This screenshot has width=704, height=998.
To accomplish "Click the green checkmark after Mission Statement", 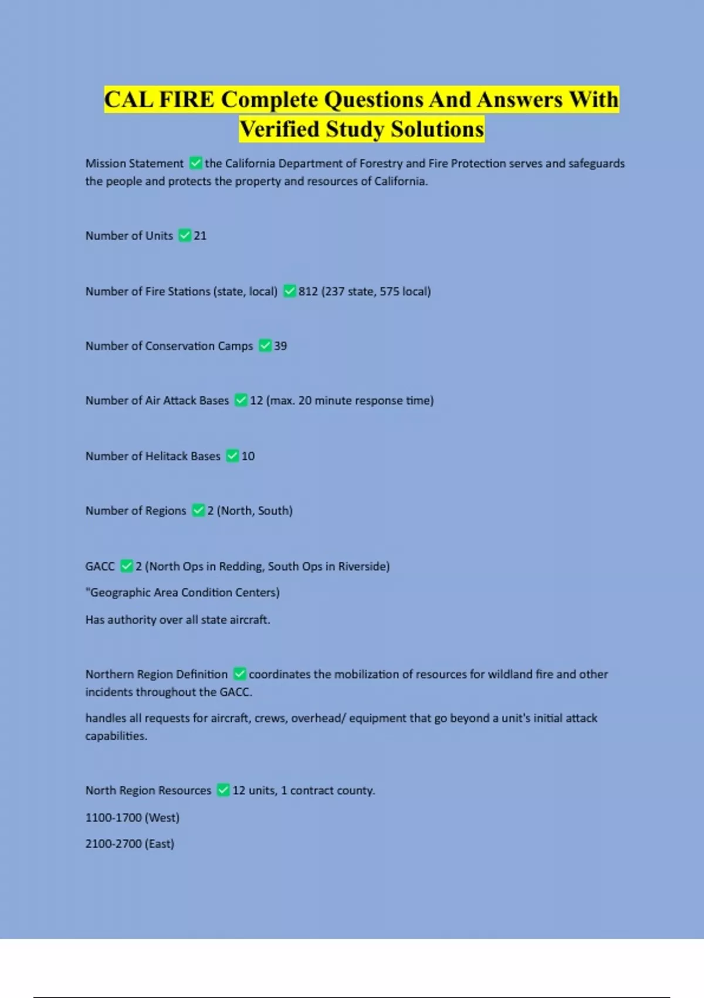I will tap(196, 163).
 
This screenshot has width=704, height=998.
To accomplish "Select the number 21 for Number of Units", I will tap(200, 235).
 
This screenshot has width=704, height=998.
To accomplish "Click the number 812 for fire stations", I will tap(308, 291).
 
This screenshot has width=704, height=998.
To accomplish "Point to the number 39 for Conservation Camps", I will tap(280, 346).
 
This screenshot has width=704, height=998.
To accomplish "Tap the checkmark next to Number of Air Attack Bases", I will tap(241, 400).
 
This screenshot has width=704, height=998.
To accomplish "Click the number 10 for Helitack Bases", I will tap(248, 456).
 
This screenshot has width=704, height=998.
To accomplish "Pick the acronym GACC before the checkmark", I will tap(100, 567).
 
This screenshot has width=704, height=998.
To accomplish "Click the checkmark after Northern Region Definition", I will tap(239, 674).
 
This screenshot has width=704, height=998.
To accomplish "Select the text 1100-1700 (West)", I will tap(133, 817).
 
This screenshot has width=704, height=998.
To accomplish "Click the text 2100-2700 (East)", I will tap(130, 844).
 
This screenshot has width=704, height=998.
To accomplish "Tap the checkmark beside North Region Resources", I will tap(223, 790).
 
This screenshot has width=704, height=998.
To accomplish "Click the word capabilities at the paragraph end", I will tap(116, 736).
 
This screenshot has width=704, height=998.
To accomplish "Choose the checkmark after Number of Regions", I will tap(198, 511).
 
